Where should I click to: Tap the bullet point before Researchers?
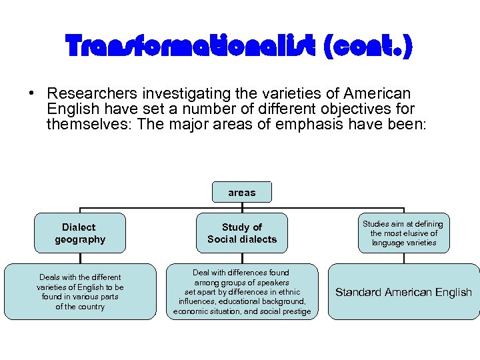pos(31,94)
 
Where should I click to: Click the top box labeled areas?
pos(241,193)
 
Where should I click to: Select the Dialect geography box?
pos(80,233)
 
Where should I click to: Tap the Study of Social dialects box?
pos(241,233)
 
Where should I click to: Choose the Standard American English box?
pos(403,292)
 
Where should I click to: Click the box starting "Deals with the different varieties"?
pos(80,292)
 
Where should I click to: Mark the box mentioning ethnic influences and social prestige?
pos(241,292)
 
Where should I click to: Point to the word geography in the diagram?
pos(80,239)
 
